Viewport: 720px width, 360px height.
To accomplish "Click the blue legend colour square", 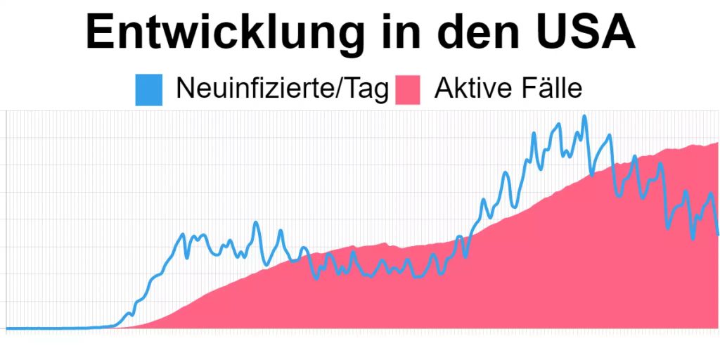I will (x=148, y=90).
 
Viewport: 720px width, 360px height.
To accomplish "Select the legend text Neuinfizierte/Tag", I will (x=281, y=89).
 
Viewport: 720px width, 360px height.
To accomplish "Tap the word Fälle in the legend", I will (x=551, y=89).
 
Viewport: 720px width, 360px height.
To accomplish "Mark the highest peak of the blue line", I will (x=584, y=117).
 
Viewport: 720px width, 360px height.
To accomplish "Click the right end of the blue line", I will (x=718, y=234).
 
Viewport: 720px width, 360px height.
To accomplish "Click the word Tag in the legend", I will (x=370, y=89).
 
